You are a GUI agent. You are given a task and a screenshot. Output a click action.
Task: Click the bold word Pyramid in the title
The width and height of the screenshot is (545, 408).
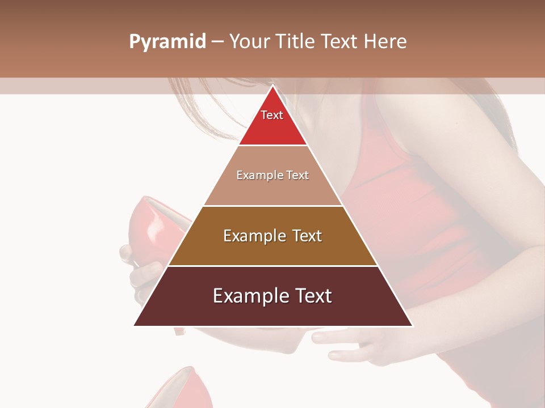167,42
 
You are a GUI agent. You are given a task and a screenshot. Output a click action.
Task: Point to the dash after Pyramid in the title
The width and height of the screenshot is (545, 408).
217,42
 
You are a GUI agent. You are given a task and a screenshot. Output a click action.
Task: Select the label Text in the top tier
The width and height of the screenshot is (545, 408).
272,115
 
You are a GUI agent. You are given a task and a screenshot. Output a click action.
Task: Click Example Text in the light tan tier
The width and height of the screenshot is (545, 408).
272,175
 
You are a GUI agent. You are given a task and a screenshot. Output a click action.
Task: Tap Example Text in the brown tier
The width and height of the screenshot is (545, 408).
272,236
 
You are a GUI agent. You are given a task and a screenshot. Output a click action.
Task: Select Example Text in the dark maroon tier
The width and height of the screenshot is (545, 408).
272,296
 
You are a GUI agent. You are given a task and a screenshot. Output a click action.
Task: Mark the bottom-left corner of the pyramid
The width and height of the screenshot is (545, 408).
134,326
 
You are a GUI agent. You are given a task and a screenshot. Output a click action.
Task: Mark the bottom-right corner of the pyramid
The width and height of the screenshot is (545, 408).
413,326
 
